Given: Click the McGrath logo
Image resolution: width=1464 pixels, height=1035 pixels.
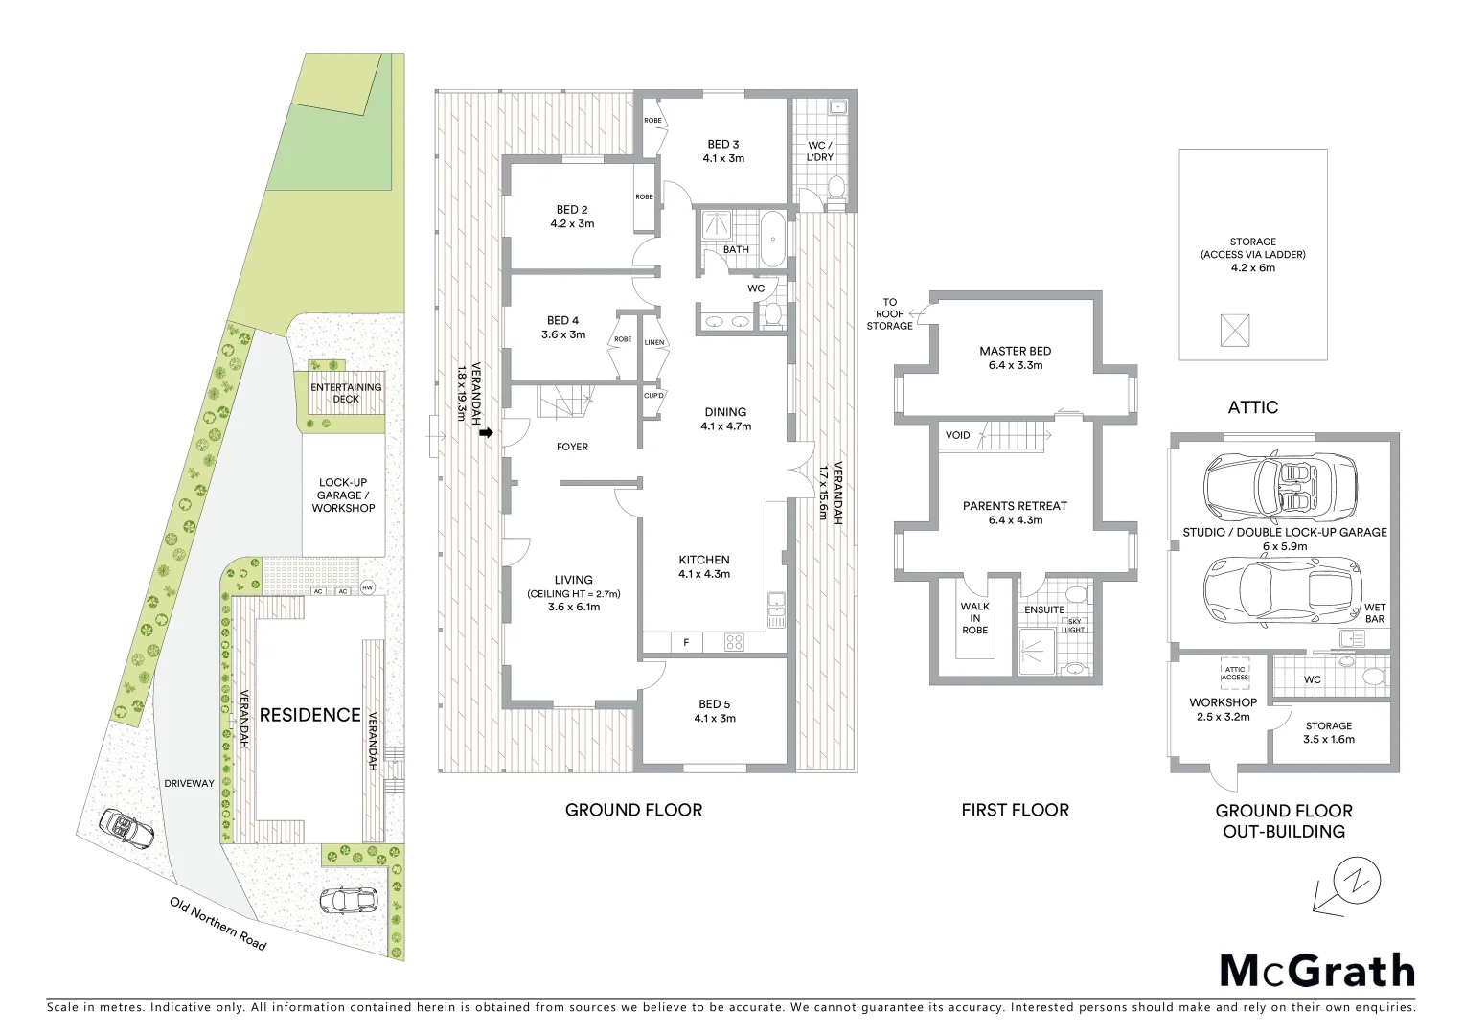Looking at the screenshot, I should tap(1317, 971).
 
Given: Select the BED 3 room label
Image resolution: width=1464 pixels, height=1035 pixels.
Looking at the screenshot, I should tap(723, 151).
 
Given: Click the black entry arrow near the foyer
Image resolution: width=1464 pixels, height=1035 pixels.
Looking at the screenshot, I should tap(486, 433).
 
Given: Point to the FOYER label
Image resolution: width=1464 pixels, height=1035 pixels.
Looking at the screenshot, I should tap(572, 447).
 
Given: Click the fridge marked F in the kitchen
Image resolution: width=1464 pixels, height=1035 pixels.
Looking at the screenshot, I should tap(686, 643).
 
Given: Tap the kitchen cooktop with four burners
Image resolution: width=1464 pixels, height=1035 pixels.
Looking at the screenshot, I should tap(734, 643).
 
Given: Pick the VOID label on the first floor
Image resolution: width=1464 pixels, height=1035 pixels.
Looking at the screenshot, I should tap(957, 435).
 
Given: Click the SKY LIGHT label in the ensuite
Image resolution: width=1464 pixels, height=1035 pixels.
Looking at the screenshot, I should tap(1075, 626).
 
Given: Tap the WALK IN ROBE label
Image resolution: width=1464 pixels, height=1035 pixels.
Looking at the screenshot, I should tap(975, 618).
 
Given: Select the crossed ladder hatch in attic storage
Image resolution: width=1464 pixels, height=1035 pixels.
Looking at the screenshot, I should tap(1235, 330).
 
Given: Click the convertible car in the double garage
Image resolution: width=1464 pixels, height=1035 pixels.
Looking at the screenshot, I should tap(1280, 486).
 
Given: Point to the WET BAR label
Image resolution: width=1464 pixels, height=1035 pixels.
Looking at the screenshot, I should tap(1375, 613).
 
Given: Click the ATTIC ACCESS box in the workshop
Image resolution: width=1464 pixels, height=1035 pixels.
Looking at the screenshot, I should tap(1235, 674).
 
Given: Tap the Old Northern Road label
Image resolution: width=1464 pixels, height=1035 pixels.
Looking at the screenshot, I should tap(218, 924).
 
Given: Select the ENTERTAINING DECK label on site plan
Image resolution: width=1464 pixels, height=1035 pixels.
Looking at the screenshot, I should tap(346, 393).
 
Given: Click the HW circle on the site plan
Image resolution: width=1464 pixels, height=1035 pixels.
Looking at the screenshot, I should tap(367, 587).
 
